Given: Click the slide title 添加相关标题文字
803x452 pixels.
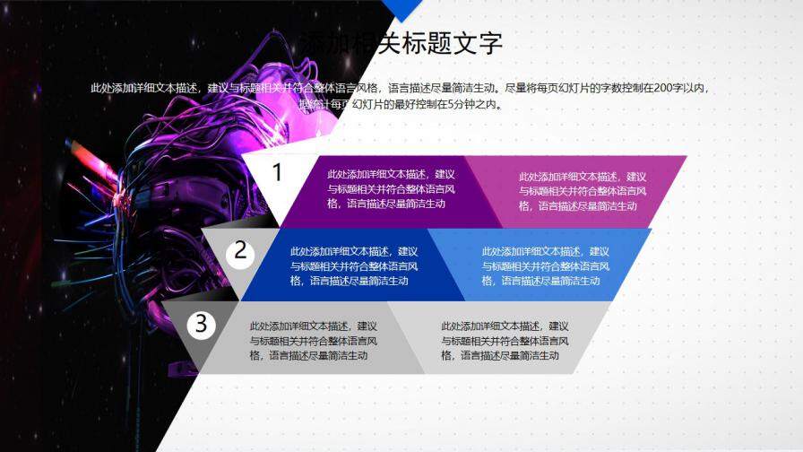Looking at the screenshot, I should tap(400, 42).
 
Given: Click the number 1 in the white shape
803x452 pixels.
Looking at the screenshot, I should tap(278, 172).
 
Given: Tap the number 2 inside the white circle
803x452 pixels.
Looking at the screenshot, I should tap(240, 251).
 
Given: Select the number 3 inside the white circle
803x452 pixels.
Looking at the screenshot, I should tap(202, 324).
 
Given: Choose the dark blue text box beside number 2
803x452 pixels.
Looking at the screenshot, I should tap(354, 265).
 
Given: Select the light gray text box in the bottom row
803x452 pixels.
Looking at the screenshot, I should tap(506, 341).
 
